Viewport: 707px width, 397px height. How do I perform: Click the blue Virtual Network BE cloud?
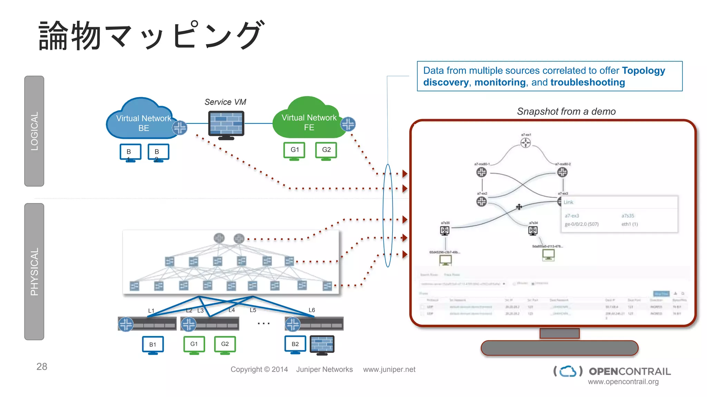pos(142,119)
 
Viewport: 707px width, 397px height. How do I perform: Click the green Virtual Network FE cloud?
pos(307,119)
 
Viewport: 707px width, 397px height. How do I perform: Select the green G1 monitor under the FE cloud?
pos(294,151)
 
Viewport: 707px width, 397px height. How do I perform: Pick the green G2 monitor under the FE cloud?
pos(326,151)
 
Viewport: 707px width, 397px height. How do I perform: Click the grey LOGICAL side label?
pos(34,131)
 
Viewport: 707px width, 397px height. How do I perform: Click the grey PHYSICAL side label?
pos(34,272)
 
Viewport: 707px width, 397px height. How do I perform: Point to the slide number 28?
pos(42,366)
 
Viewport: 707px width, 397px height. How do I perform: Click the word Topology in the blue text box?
pos(643,70)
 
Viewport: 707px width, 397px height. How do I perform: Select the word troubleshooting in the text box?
pos(588,82)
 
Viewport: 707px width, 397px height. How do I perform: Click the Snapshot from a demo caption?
pos(566,111)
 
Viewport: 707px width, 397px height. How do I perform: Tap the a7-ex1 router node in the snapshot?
pos(525,142)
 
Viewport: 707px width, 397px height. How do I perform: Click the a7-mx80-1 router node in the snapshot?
pos(481,172)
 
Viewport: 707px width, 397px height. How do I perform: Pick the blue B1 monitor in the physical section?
pos(153,345)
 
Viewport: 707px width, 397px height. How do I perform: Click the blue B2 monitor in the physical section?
pos(295,344)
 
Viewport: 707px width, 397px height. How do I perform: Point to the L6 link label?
pos(312,310)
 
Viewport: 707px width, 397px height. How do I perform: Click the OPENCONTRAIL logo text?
pos(630,371)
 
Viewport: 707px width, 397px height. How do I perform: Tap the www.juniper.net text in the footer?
pos(389,369)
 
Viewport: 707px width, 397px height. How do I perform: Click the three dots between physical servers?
pos(263,324)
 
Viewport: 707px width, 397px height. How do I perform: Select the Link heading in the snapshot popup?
pos(568,202)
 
